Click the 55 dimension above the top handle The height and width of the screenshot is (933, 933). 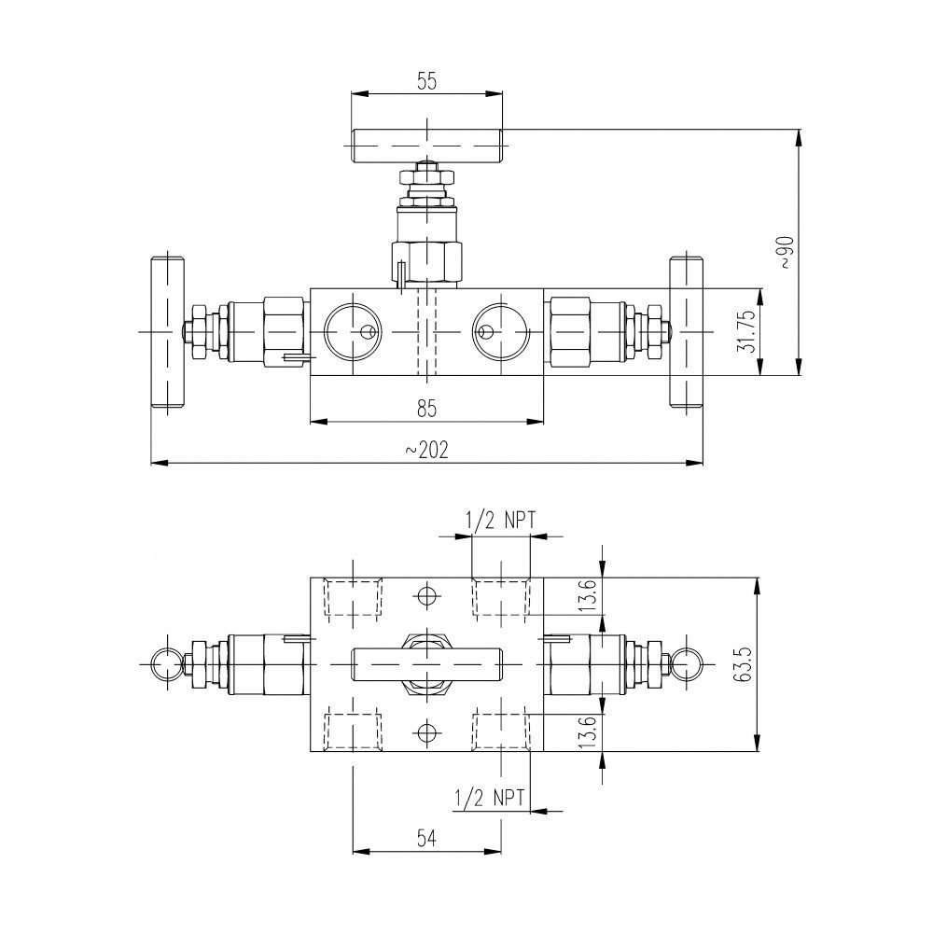coord(426,81)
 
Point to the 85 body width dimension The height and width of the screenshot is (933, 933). coord(427,408)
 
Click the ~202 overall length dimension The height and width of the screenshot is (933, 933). coord(427,450)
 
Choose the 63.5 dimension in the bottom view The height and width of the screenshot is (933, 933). coord(744,662)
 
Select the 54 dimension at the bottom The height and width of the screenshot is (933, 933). coord(426,839)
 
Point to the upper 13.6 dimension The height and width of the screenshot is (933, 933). coord(585,596)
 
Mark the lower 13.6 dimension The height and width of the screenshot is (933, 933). coord(585,730)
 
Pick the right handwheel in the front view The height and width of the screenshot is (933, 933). coord(686,332)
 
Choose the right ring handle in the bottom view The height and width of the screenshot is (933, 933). coord(687,661)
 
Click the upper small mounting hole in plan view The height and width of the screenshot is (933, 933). coord(427,594)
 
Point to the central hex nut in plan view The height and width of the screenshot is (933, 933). coord(427,662)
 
